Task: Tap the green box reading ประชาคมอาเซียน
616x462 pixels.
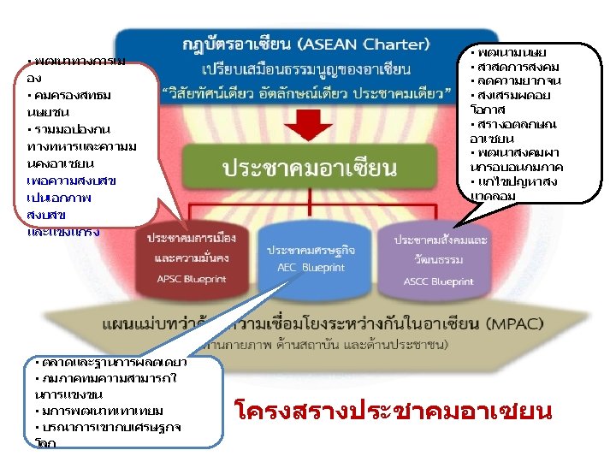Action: pyautogui.click(x=310, y=167)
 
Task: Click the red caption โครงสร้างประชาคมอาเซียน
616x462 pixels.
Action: pyautogui.click(x=393, y=412)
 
